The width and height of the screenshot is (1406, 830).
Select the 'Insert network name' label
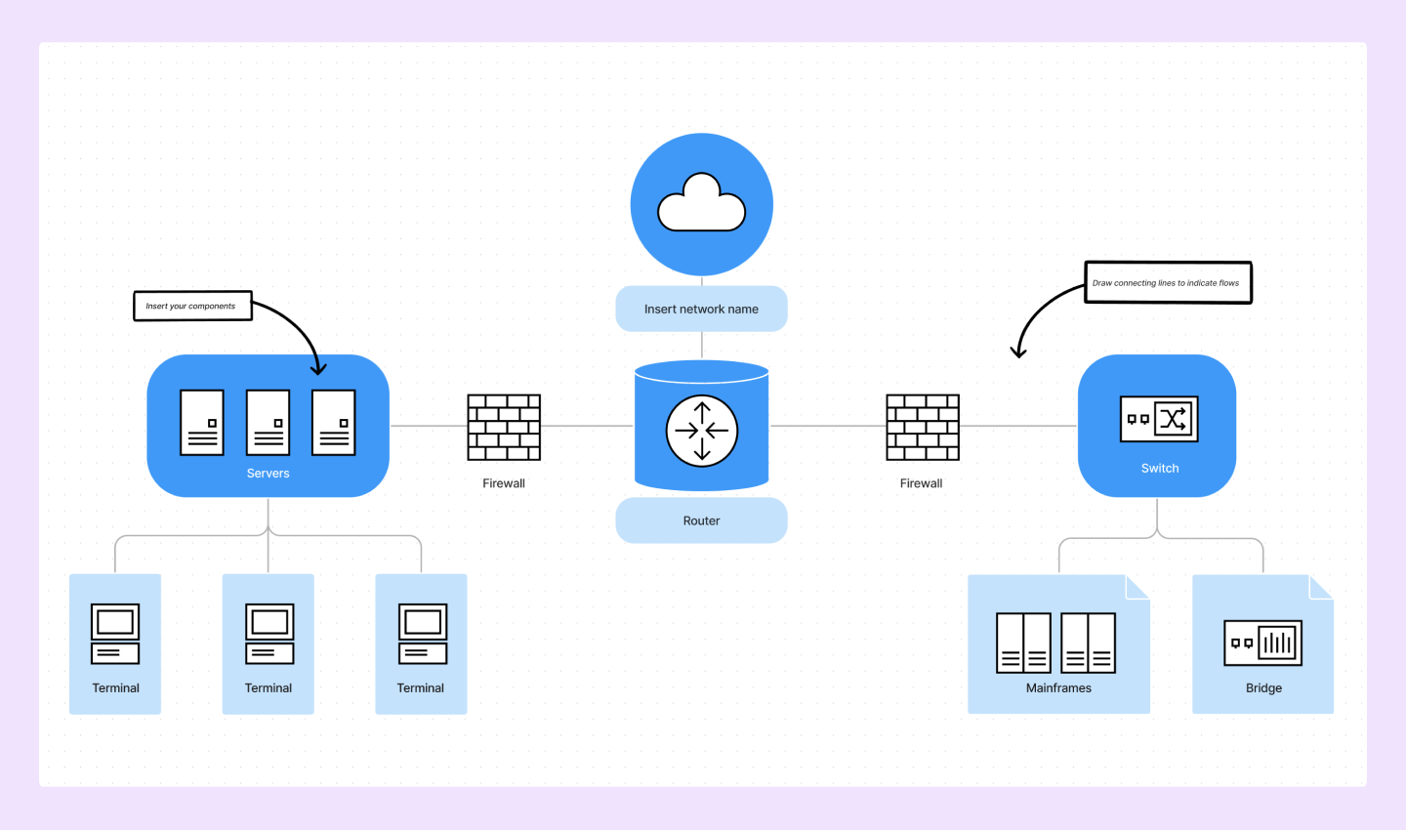[701, 309]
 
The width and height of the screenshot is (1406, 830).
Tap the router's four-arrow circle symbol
[701, 430]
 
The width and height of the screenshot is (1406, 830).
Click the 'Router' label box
[701, 520]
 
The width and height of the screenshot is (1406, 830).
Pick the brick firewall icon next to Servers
[504, 427]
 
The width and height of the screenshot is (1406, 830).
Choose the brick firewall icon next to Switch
[922, 427]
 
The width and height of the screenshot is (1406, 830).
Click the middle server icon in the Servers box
[268, 422]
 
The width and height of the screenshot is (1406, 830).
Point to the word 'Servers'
[268, 474]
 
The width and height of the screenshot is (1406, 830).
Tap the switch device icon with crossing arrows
[1158, 419]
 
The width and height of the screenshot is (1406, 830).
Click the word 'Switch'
[1159, 469]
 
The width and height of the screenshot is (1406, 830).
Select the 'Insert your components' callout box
[191, 306]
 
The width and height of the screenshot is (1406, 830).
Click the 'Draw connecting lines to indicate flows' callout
[1167, 283]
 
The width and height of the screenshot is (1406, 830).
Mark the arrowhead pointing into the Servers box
[317, 369]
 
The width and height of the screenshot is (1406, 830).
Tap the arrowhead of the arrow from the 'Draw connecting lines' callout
[1017, 353]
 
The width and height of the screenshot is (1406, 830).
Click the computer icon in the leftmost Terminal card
[115, 634]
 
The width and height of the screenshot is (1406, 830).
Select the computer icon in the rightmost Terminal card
[422, 634]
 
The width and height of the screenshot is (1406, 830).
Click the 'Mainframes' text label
[1058, 688]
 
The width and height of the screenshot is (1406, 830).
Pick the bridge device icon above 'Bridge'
[1262, 643]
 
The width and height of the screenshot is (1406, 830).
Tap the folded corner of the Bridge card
[1322, 586]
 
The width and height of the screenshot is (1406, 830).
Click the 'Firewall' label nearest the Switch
[921, 483]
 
